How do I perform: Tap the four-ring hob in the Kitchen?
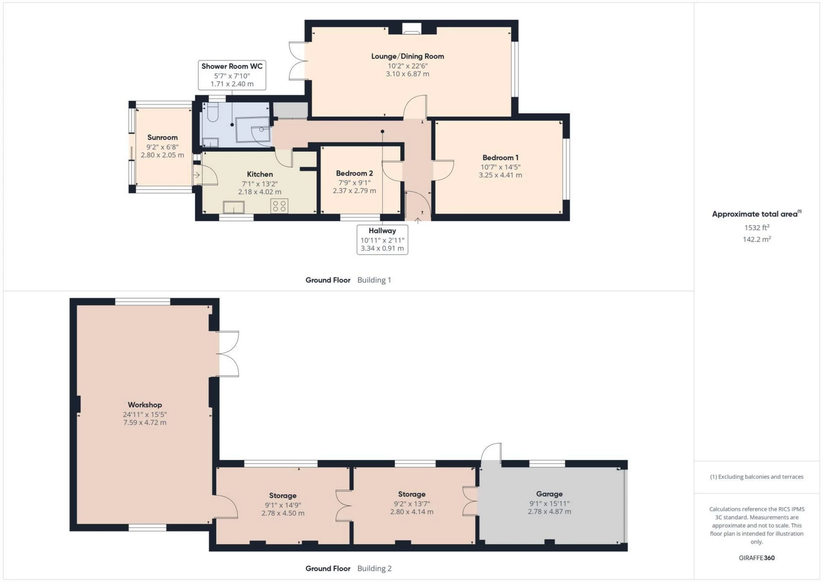pyautogui.click(x=279, y=206)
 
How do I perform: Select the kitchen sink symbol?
pyautogui.click(x=234, y=207)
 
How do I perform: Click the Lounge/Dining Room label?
pyautogui.click(x=407, y=56)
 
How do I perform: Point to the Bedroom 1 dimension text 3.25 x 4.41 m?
pyautogui.click(x=500, y=175)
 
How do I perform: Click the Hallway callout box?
pyautogui.click(x=382, y=240)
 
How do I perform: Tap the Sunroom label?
pyautogui.click(x=162, y=138)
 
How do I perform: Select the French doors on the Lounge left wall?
pyautogui.click(x=298, y=61)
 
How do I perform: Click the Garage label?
pyautogui.click(x=549, y=494)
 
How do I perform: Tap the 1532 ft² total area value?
pyautogui.click(x=757, y=228)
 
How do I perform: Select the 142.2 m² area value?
pyautogui.click(x=757, y=239)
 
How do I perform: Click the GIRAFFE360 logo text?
pyautogui.click(x=757, y=558)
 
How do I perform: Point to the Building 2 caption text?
pyautogui.click(x=374, y=568)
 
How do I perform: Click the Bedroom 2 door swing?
pyautogui.click(x=392, y=171)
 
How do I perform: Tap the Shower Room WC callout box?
pyautogui.click(x=232, y=75)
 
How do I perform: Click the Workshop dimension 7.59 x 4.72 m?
pyautogui.click(x=144, y=422)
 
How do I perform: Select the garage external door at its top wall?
pyautogui.click(x=491, y=453)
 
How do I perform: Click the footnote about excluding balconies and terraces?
pyautogui.click(x=757, y=477)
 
